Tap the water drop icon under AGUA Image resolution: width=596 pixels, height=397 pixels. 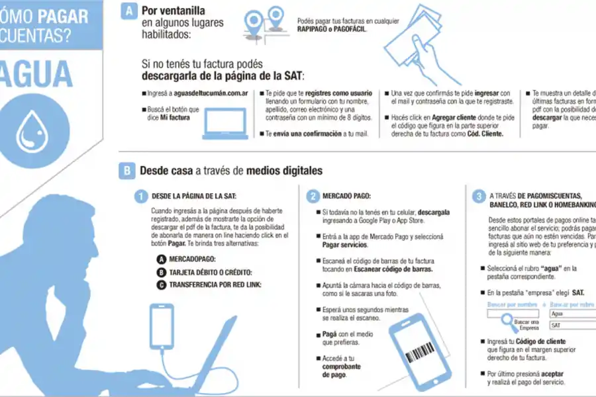[x=31, y=130]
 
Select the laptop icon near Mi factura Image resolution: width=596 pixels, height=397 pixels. [x=224, y=124]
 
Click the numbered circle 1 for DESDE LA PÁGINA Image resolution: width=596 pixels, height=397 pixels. [x=140, y=197]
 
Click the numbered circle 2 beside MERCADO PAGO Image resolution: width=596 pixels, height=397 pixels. [x=312, y=197]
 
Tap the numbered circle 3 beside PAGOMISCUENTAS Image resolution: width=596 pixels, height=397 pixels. [x=479, y=197]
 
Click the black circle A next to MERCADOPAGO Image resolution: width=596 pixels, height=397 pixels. [x=161, y=259]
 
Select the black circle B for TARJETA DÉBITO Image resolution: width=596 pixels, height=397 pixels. [x=161, y=272]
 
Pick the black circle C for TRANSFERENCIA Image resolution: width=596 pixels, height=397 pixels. [x=161, y=285]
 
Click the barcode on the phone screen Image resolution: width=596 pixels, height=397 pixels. [x=420, y=354]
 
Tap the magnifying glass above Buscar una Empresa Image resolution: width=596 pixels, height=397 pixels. [x=509, y=322]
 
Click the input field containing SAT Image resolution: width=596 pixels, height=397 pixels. [x=571, y=326]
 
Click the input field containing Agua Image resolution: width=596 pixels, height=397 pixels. [x=571, y=314]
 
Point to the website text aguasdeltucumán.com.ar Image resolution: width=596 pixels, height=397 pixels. [x=207, y=94]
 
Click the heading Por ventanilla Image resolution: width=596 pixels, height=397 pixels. [x=173, y=11]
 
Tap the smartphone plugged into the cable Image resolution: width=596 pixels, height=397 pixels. [x=162, y=327]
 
